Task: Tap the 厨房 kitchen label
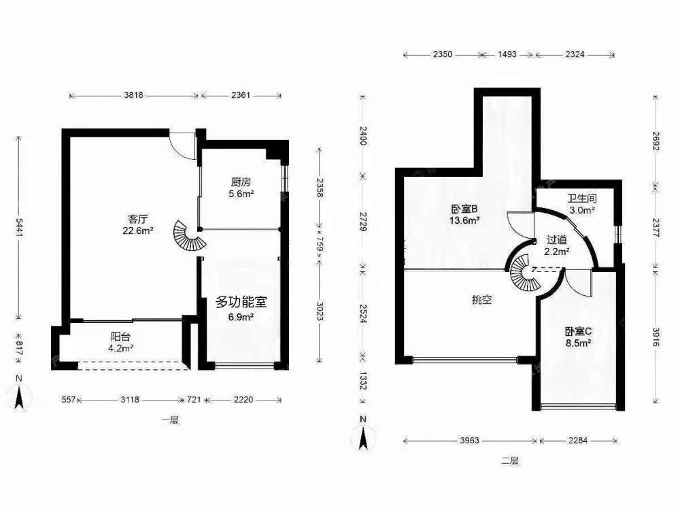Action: (x=241, y=182)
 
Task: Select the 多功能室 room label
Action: (x=241, y=302)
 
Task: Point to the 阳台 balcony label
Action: (x=120, y=337)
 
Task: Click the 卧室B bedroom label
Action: (x=464, y=209)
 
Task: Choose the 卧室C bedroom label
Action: (x=579, y=332)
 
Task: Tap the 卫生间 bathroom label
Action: (x=582, y=199)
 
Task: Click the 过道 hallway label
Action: (x=557, y=239)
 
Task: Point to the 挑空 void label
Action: (x=482, y=300)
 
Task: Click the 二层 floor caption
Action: (x=510, y=460)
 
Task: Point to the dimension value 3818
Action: (x=133, y=95)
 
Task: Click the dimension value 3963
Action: (x=469, y=441)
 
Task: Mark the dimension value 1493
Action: (x=507, y=54)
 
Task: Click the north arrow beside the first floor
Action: (x=19, y=394)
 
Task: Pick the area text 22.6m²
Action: (x=137, y=231)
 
